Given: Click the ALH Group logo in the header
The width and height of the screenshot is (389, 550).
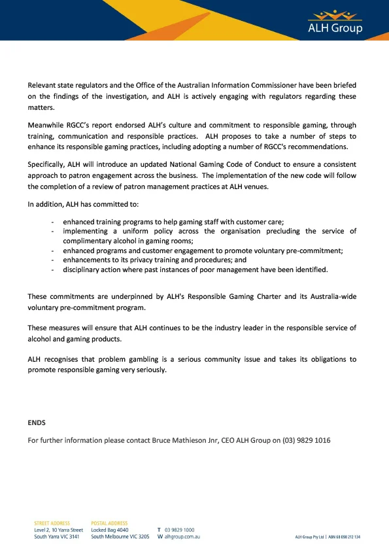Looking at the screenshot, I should point(335,21).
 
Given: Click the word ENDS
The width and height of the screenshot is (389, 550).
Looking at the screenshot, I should point(37,423).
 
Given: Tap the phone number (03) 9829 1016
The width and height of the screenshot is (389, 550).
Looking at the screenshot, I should point(307,440).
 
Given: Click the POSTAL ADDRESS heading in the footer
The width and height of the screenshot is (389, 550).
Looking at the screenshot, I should point(109,523).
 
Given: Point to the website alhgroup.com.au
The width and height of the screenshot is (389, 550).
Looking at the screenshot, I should point(182,536).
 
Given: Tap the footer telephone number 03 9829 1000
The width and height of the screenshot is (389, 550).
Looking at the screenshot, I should point(179,530).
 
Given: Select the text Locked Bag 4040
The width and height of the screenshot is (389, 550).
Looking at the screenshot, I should point(110,530).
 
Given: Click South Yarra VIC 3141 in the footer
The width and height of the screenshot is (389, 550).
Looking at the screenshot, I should point(57,536).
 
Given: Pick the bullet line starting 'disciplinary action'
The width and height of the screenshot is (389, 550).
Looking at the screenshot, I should point(195,269).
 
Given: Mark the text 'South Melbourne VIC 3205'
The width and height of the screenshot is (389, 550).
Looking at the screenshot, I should point(120,536).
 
